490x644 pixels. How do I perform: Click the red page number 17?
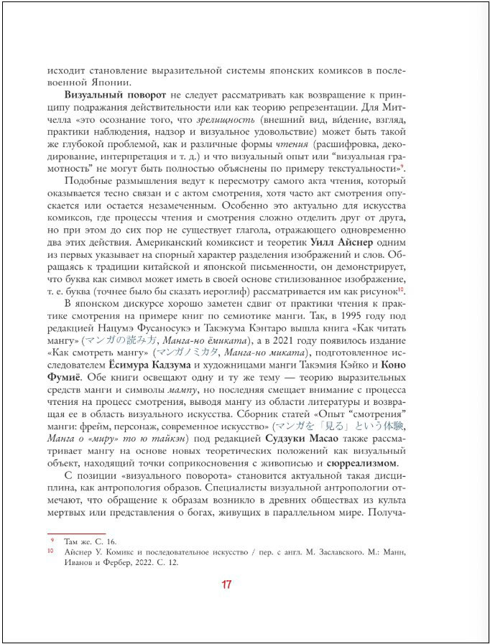click(226, 584)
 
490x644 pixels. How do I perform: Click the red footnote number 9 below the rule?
click(51, 539)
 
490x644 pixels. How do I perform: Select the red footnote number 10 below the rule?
click(51, 551)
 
